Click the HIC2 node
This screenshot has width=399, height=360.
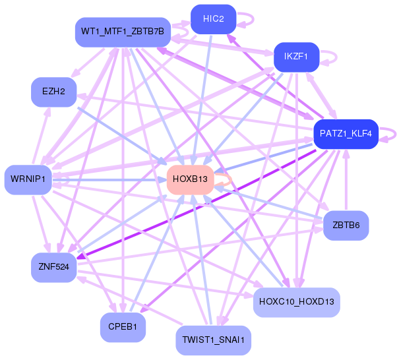click(214, 19)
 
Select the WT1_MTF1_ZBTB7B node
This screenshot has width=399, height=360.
click(123, 32)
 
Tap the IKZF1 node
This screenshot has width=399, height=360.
click(296, 57)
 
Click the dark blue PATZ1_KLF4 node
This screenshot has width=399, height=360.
click(346, 134)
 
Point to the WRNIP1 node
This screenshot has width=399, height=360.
click(28, 179)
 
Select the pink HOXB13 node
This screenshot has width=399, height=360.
click(190, 179)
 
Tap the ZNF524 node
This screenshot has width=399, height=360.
click(54, 267)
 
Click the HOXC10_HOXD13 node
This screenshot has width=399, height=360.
click(296, 302)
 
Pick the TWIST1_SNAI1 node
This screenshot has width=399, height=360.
click(214, 340)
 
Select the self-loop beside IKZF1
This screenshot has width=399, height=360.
click(330, 57)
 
